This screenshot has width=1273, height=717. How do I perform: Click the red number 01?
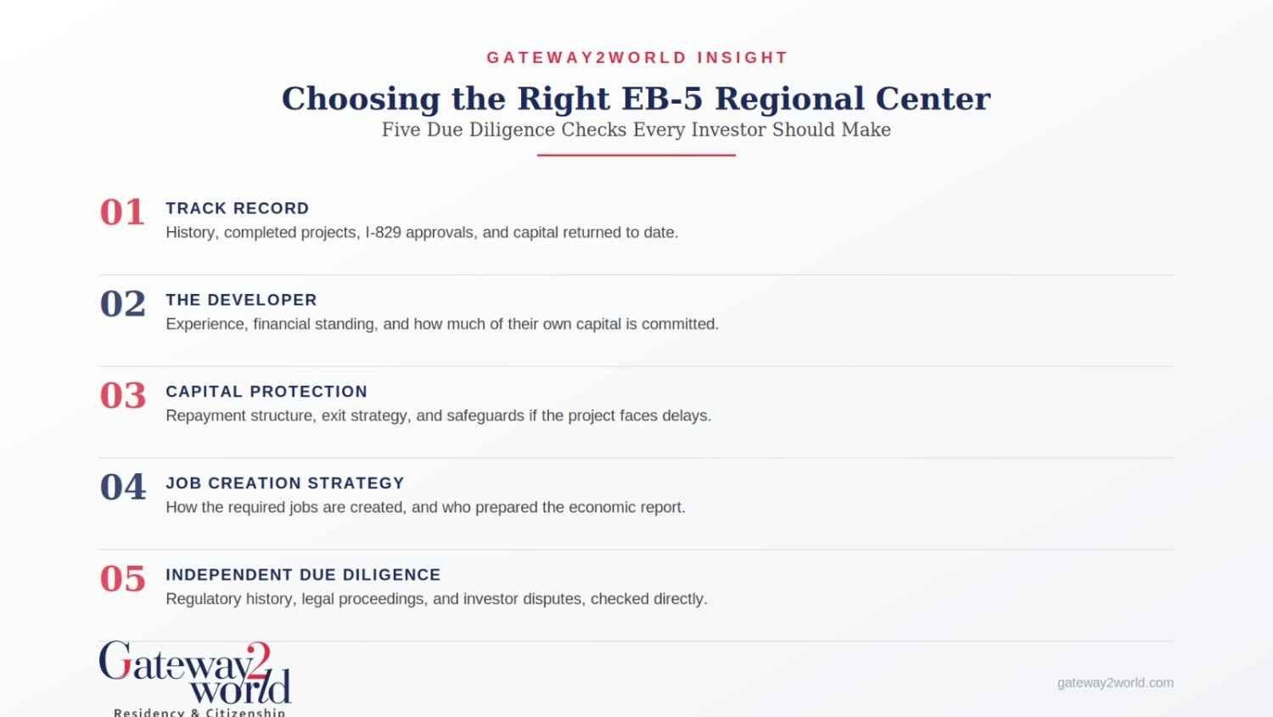pyautogui.click(x=121, y=212)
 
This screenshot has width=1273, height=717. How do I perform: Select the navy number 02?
pyautogui.click(x=123, y=304)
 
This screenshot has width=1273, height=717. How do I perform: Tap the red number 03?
pyautogui.click(x=123, y=396)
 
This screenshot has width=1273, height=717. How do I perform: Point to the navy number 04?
pyautogui.click(x=123, y=487)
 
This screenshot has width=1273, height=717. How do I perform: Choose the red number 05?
pyautogui.click(x=123, y=579)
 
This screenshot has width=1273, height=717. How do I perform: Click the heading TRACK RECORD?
pyautogui.click(x=238, y=208)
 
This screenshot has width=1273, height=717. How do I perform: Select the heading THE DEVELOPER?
pyautogui.click(x=242, y=300)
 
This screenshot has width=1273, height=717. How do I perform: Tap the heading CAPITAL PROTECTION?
pyautogui.click(x=266, y=392)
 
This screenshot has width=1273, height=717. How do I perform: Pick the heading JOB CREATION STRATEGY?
pyautogui.click(x=285, y=483)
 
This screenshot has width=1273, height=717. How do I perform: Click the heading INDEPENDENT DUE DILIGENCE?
pyautogui.click(x=304, y=575)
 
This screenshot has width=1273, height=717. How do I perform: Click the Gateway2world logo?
pyautogui.click(x=195, y=678)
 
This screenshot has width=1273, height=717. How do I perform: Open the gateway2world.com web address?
pyautogui.click(x=1115, y=683)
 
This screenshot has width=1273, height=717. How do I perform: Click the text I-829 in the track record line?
pyautogui.click(x=383, y=233)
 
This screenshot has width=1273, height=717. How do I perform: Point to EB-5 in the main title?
pyautogui.click(x=662, y=99)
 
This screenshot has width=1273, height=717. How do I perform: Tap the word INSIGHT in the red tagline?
pyautogui.click(x=743, y=58)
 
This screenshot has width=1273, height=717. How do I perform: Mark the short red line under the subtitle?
pyautogui.click(x=636, y=155)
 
